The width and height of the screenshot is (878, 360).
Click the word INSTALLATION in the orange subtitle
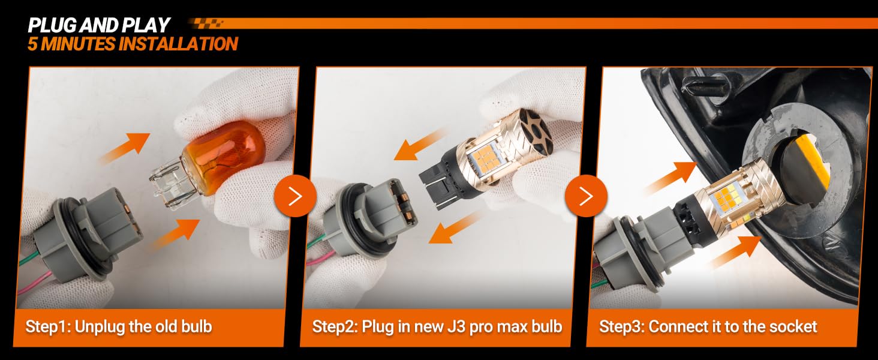pos(178,44)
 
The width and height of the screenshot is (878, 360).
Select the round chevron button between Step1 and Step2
pos(295,196)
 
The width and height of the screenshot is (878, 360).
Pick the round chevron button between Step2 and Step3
pos(586,196)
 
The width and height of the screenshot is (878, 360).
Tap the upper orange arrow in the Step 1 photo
pos(125,148)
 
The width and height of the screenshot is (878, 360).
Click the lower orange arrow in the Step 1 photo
pos(176,234)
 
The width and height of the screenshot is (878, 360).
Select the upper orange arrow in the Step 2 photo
pos(419,146)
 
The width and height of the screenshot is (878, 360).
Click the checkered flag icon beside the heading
pos(206,23)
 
